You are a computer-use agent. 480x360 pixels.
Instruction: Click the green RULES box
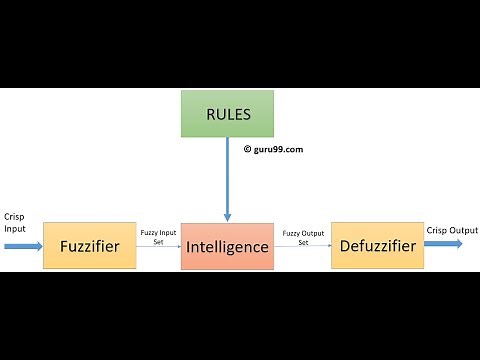(228, 113)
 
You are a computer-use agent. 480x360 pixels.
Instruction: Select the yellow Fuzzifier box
(90, 245)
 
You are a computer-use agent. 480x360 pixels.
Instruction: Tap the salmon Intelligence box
(227, 246)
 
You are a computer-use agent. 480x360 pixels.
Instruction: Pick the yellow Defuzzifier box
(377, 245)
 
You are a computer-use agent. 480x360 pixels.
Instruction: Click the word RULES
(228, 114)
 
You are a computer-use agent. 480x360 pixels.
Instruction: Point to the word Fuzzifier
(90, 246)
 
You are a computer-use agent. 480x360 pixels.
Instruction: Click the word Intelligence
(227, 247)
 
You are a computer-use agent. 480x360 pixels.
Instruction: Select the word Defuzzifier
(377, 246)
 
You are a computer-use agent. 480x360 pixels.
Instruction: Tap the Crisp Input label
(16, 222)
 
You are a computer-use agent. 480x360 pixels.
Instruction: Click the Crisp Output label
(452, 231)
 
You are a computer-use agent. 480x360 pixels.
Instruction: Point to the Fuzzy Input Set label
(159, 237)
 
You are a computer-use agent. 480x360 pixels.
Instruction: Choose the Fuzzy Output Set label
(303, 237)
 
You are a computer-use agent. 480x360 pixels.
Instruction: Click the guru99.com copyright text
(276, 149)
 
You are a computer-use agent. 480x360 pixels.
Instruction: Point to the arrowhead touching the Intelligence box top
(228, 216)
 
